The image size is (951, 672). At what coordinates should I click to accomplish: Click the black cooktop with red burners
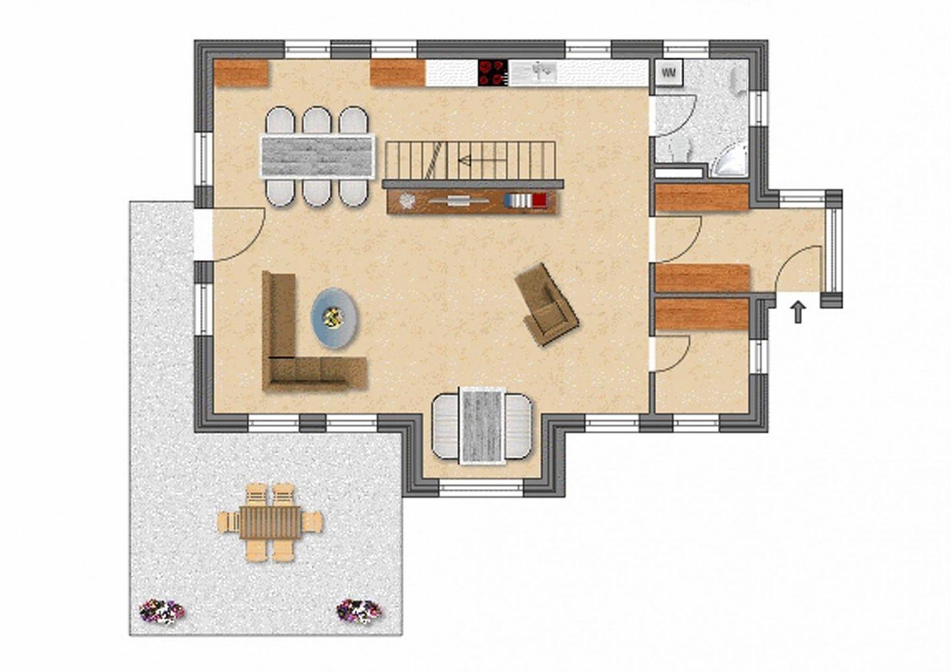tap(493, 73)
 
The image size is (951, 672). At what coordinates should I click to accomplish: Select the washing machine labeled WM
tap(668, 73)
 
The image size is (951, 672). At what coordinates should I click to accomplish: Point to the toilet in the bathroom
tap(681, 149)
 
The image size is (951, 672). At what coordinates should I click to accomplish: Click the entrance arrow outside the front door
tap(798, 312)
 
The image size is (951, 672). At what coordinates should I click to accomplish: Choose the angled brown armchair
tap(547, 304)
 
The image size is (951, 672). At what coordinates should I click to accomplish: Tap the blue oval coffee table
tap(334, 318)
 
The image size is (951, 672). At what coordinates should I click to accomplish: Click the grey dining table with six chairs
tap(317, 156)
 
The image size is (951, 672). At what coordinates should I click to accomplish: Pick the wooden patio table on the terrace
tap(270, 522)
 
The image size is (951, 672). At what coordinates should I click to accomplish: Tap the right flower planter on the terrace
tap(359, 611)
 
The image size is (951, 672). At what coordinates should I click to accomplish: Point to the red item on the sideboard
tap(539, 200)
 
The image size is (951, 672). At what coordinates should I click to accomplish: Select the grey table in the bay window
tap(483, 426)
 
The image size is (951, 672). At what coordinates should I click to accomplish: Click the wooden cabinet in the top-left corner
tap(242, 73)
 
